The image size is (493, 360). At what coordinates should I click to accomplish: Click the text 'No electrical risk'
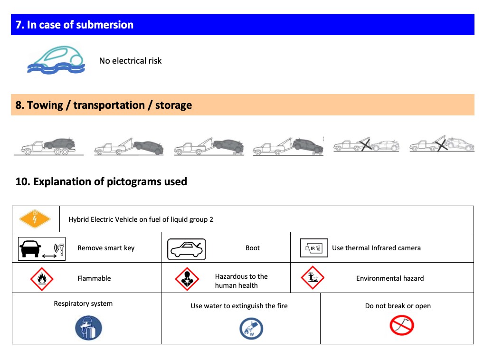pos(130,61)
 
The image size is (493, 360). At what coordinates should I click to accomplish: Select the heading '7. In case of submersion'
pos(75,25)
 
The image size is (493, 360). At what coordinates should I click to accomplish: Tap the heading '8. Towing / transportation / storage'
pos(104,105)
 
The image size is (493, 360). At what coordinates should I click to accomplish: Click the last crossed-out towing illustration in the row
pos(442,144)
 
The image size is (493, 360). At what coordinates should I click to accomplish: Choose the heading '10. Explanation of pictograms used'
pos(101,181)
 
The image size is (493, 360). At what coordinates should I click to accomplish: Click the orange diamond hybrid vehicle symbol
pos(35,219)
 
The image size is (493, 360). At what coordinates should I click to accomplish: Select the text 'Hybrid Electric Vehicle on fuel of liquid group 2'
pos(141,219)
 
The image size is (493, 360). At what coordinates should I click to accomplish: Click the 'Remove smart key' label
pos(106,248)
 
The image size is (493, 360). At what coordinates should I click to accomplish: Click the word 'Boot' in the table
pos(253,248)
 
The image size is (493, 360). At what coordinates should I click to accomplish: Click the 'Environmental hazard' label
pos(390,278)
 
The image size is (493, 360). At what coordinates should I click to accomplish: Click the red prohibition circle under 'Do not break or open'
pos(402,325)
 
